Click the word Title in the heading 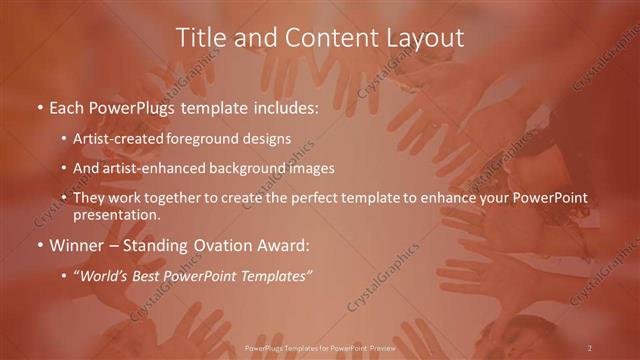pos(200,38)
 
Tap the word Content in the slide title pos(318,38)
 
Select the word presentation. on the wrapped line pos(116,214)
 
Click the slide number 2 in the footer pos(590,347)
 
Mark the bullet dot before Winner pos(39,246)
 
